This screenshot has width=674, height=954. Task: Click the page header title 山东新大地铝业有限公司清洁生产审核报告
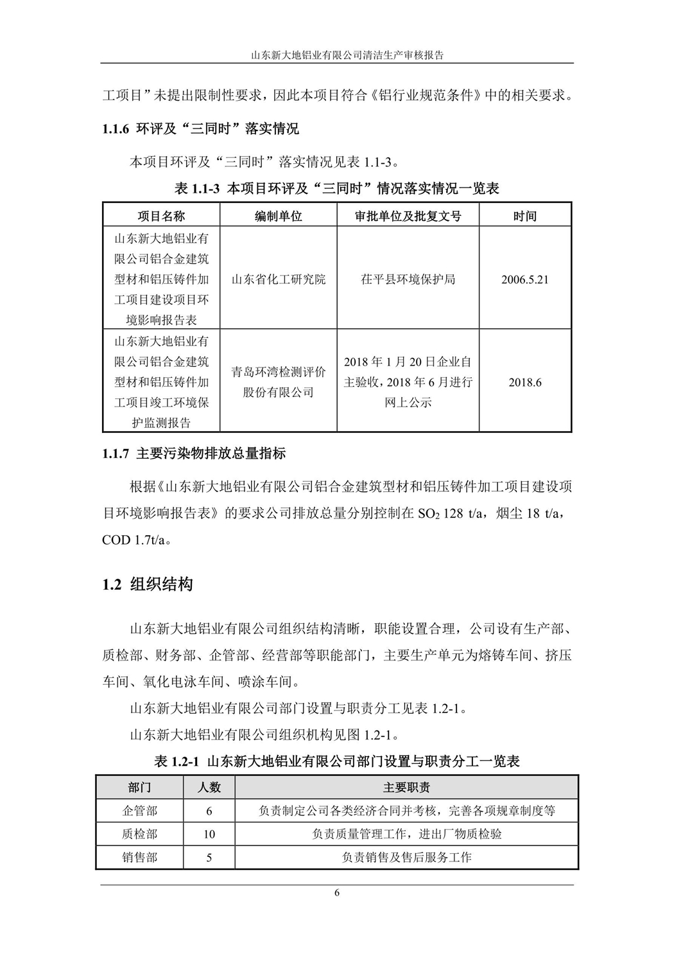pyautogui.click(x=337, y=55)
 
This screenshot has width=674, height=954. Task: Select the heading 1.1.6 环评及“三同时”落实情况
pyautogui.click(x=200, y=129)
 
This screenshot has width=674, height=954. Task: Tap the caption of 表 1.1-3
pyautogui.click(x=337, y=188)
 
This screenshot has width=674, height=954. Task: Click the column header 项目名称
pyautogui.click(x=161, y=216)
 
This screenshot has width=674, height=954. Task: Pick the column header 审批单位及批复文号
pyautogui.click(x=408, y=216)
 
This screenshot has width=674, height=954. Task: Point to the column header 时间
pyautogui.click(x=524, y=216)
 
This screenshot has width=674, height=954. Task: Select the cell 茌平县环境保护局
pyautogui.click(x=408, y=279)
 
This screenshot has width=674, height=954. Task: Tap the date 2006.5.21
pyautogui.click(x=524, y=280)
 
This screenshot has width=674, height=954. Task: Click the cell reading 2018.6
pyautogui.click(x=524, y=382)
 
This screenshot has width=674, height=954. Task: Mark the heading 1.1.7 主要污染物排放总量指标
pyautogui.click(x=194, y=454)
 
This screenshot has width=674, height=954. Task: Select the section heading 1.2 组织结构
pyautogui.click(x=148, y=585)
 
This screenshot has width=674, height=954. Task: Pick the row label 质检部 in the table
pyautogui.click(x=139, y=834)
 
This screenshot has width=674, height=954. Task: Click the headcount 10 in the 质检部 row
pyautogui.click(x=209, y=835)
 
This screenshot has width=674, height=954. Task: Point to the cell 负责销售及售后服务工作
pyautogui.click(x=406, y=857)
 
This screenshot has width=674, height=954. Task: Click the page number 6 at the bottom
pyautogui.click(x=336, y=892)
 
